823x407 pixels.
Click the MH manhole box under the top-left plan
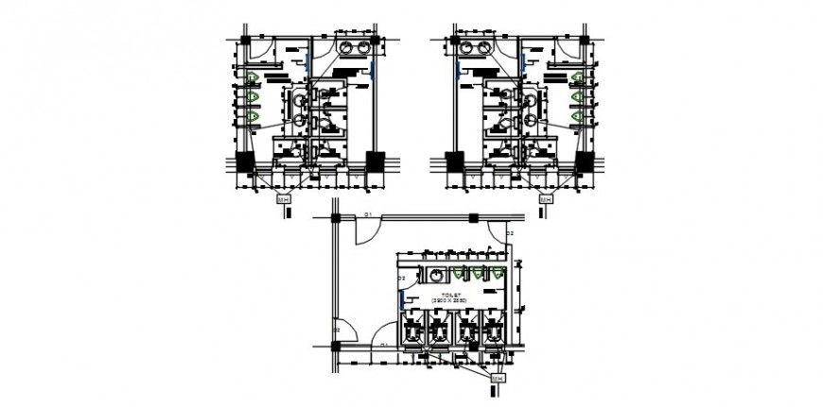[282, 199]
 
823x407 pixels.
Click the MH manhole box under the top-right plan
[545, 199]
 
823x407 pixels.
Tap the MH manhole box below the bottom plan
[497, 379]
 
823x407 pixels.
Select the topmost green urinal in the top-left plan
[253, 76]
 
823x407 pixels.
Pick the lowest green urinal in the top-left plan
[253, 115]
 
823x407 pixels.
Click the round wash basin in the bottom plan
[436, 275]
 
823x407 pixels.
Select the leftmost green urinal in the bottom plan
[458, 273]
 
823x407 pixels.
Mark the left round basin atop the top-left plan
[347, 47]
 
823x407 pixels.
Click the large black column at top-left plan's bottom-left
[243, 161]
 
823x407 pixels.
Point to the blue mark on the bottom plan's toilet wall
[404, 300]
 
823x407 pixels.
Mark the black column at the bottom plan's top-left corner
[335, 221]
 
